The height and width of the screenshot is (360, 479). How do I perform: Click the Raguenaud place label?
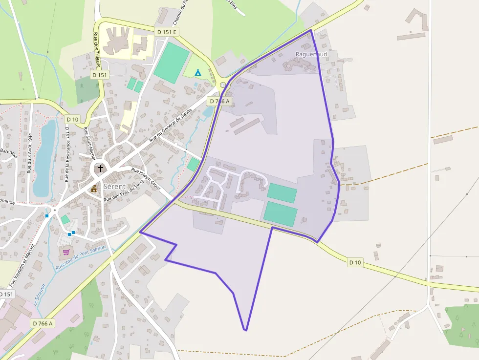point(311,54)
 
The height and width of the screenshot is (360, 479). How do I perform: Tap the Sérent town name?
point(114,187)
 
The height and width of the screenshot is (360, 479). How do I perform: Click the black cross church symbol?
point(101,169)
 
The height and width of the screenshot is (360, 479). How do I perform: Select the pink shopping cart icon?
point(66,252)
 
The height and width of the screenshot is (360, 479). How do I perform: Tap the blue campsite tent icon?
point(198,72)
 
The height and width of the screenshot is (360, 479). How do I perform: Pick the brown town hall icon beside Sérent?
point(94,188)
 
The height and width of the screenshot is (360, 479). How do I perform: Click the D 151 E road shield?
point(167,32)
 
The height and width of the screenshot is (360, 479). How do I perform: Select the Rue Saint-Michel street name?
point(89,144)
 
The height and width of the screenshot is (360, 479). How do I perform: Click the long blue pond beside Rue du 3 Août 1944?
point(44,156)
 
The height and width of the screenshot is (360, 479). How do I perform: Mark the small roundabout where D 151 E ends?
point(223,85)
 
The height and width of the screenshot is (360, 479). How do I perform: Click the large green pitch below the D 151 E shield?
point(171,63)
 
